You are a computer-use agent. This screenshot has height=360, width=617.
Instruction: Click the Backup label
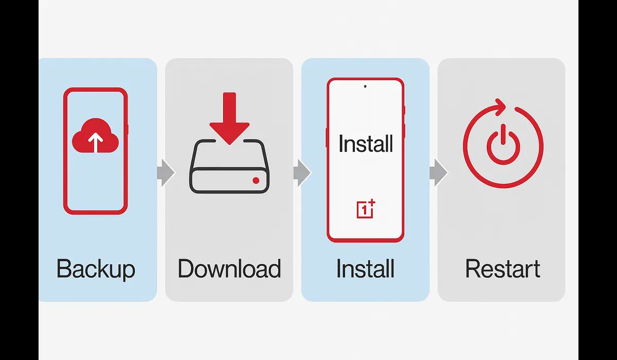pyautogui.click(x=96, y=269)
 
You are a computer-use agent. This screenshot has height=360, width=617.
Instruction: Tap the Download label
pyautogui.click(x=229, y=269)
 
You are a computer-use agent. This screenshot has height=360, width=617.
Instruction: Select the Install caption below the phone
pyautogui.click(x=366, y=269)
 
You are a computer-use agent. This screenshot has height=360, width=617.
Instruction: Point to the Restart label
pyautogui.click(x=502, y=269)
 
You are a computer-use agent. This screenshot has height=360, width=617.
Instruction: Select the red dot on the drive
pyautogui.click(x=256, y=181)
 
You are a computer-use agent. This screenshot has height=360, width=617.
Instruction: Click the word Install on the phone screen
pyautogui.click(x=366, y=143)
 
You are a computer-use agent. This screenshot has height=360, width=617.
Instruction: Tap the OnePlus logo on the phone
pyautogui.click(x=366, y=209)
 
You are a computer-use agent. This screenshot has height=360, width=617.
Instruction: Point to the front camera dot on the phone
pyautogui.click(x=366, y=86)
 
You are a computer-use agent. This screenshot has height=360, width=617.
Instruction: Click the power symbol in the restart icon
pyautogui.click(x=502, y=146)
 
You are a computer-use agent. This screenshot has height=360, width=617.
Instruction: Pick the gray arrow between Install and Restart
pyautogui.click(x=438, y=172)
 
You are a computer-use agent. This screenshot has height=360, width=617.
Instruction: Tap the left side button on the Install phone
pyautogui.click(x=326, y=137)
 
